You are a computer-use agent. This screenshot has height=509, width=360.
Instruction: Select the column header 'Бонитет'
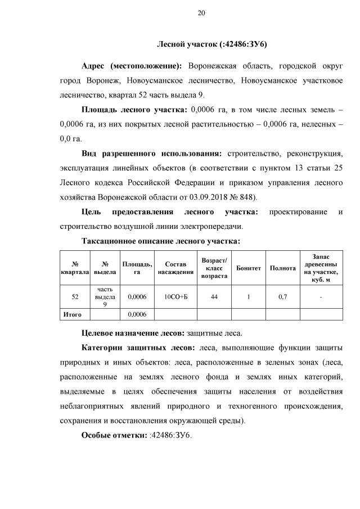pos(249,268)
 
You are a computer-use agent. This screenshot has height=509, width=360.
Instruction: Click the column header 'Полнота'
pos(282,268)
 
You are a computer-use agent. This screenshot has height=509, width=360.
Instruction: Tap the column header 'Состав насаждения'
pos(172,268)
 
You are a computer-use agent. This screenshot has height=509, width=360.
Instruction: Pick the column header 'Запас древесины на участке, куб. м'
pos(321,268)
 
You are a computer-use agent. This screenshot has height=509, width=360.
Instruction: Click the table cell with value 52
pos(75,297)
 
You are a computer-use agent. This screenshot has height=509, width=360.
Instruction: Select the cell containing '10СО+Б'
pos(172,297)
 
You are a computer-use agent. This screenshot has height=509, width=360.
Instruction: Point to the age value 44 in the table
pos(214,297)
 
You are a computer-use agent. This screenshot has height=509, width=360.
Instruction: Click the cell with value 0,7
pos(282,297)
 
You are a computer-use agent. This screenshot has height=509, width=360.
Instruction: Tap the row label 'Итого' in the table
pos(72,314)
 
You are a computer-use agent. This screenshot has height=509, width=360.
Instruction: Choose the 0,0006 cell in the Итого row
pos(137,314)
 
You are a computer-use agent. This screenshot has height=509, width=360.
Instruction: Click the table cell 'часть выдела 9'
pos(105,297)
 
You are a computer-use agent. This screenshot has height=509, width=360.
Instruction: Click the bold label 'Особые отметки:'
pos(115,435)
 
